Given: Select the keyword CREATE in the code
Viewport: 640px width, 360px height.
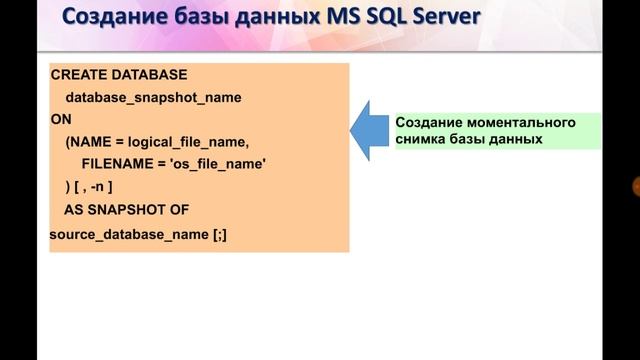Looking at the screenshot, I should click(75, 76).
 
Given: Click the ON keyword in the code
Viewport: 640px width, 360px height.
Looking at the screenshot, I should click(59, 119).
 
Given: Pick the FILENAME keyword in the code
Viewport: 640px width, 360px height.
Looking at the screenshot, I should click(119, 163).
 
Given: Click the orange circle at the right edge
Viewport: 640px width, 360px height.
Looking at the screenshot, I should click(635, 186).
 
